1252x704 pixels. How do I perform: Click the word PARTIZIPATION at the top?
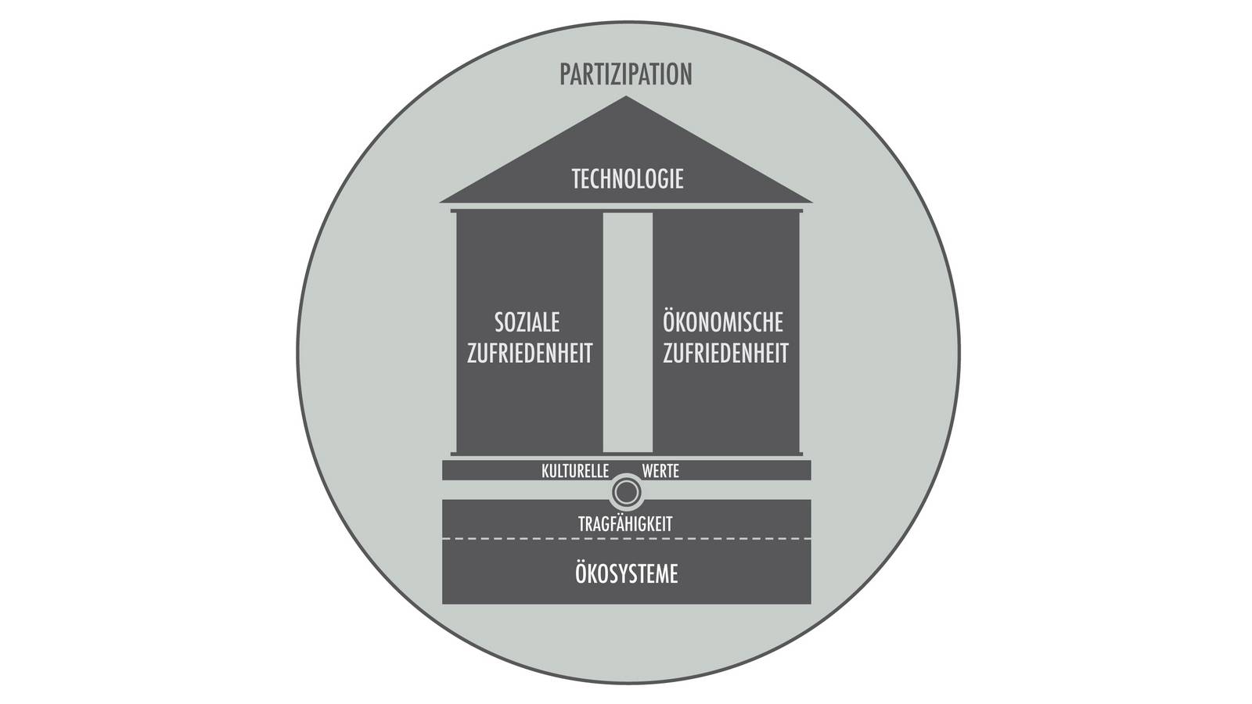coord(626,74)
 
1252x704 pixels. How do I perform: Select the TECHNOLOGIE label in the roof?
coord(628,179)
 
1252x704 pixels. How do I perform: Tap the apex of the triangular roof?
coord(626,98)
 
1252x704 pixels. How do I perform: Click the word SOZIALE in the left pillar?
coord(527,322)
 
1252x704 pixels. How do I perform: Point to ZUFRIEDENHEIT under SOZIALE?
coord(530,354)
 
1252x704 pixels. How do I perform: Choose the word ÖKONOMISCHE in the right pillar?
coord(723,321)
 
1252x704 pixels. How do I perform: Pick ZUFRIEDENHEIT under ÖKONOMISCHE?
coord(725,354)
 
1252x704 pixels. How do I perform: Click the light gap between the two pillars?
coord(628,332)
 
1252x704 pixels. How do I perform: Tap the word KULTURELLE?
coord(575,472)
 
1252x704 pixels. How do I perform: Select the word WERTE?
coord(660,472)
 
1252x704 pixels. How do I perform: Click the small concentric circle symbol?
coord(626,492)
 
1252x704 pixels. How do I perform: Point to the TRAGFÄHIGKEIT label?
coord(626,525)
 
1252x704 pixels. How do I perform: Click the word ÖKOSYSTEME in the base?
coord(626,574)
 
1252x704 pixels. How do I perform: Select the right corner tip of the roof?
coord(811,202)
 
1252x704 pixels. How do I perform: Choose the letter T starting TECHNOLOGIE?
coord(577,179)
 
